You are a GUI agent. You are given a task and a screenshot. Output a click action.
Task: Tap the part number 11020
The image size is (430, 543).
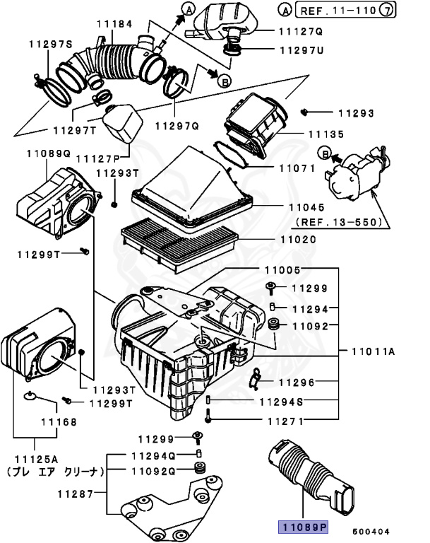(x=300, y=240)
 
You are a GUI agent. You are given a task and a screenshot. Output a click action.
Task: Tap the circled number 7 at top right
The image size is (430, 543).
(x=406, y=11)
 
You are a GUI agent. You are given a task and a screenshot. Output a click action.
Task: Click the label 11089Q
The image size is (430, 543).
(x=49, y=153)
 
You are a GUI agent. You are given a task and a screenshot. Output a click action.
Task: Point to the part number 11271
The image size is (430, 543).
(x=285, y=421)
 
